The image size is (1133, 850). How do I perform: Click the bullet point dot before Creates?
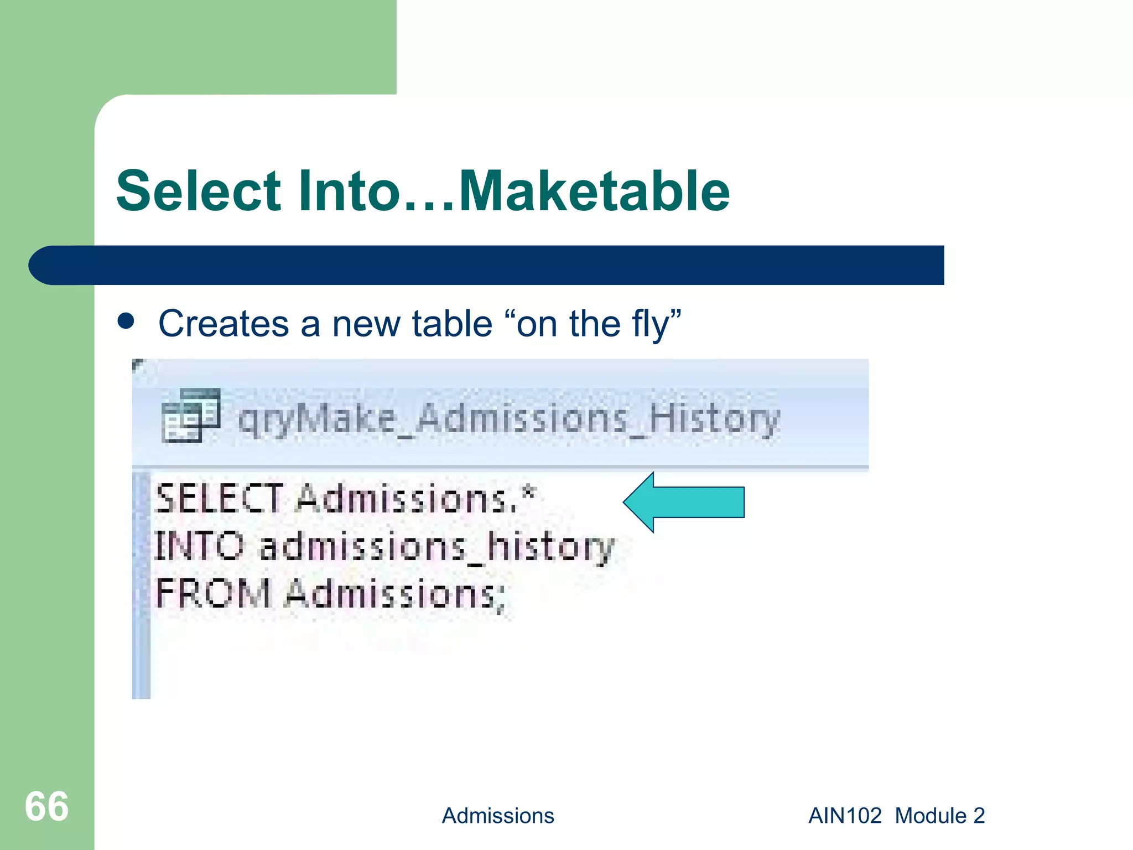[126, 321]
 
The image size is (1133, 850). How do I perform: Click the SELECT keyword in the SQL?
[219, 498]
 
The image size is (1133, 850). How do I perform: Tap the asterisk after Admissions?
[529, 491]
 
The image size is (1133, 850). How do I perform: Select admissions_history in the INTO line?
[436, 547]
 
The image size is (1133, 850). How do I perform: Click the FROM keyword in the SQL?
[213, 593]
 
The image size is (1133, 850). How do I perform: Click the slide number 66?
[46, 806]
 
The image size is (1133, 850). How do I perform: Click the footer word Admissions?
[497, 816]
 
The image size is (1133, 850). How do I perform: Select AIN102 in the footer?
[844, 816]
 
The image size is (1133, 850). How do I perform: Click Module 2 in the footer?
[939, 816]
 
